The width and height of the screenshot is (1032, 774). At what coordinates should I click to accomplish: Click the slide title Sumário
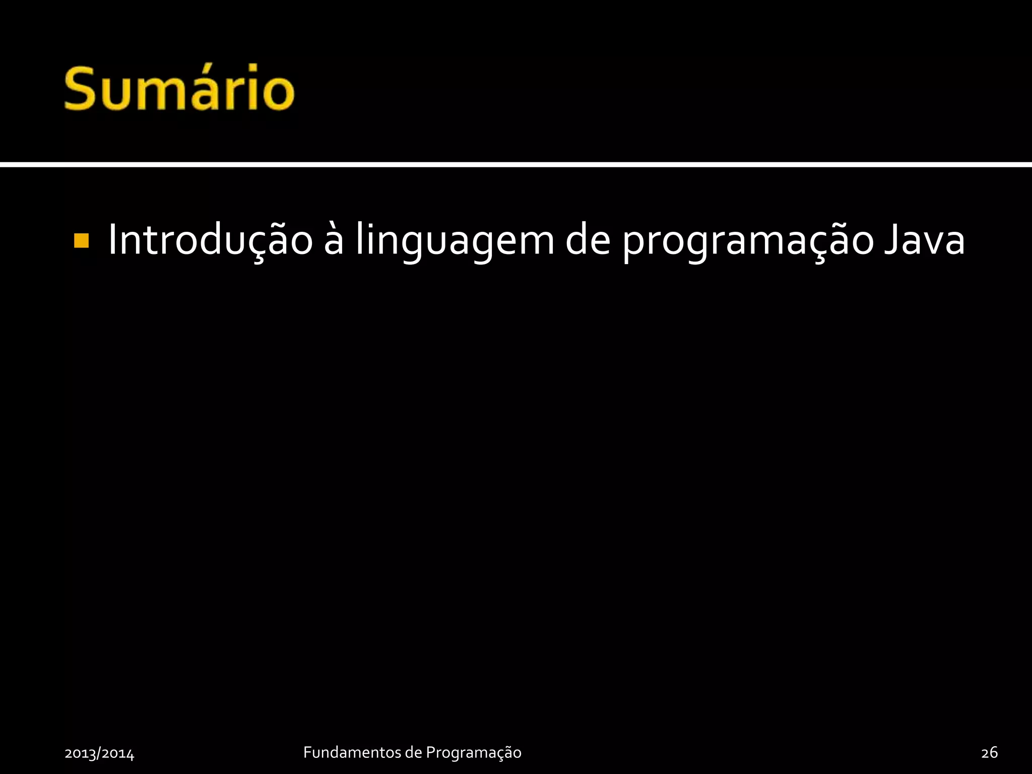click(x=179, y=89)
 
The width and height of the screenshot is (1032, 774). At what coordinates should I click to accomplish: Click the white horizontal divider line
click(x=516, y=164)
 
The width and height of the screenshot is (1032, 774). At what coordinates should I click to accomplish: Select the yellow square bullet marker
click(x=81, y=241)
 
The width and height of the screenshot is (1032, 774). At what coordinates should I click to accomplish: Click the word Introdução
click(x=210, y=240)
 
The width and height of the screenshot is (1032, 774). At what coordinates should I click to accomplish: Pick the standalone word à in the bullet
click(x=334, y=240)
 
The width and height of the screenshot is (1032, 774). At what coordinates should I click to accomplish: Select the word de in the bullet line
click(x=588, y=240)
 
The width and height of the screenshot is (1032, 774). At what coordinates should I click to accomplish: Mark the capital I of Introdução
click(x=113, y=240)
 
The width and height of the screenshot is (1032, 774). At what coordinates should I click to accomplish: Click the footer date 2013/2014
click(x=99, y=753)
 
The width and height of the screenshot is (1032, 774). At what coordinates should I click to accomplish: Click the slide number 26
click(x=989, y=752)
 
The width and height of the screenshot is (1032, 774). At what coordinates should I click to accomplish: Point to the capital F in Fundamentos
click(x=307, y=752)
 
